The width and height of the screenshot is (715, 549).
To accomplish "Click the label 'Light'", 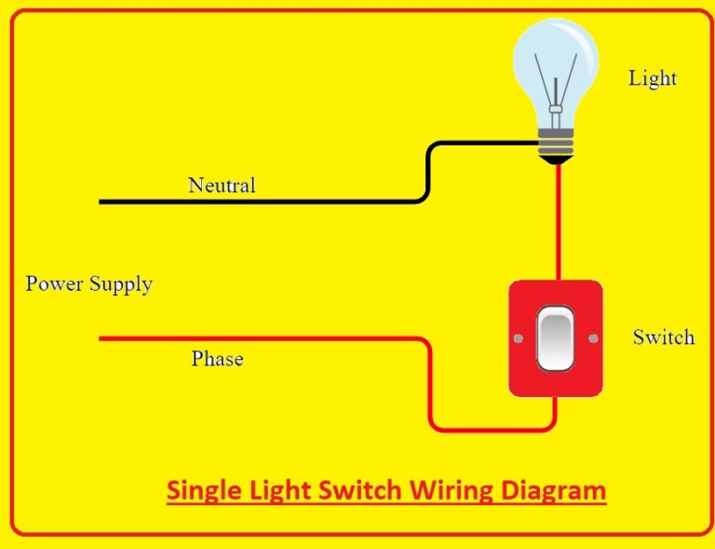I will (652, 78).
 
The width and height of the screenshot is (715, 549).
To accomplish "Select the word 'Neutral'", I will (222, 185).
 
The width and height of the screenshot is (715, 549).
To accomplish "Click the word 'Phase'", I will (217, 359).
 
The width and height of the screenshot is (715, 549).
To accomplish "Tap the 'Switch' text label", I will (663, 336).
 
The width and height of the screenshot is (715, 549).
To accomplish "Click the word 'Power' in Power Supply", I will (54, 283).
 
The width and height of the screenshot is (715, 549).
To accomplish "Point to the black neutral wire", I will (279, 200).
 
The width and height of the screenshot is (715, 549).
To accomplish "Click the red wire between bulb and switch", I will (557, 224).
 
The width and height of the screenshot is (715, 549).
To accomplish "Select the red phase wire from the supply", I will (279, 339).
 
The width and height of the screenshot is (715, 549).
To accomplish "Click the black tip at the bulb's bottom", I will (557, 161).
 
